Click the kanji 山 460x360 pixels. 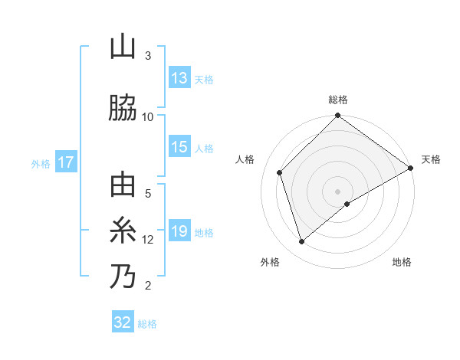click(x=123, y=47)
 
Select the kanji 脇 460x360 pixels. click(x=123, y=108)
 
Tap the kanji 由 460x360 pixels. click(x=123, y=186)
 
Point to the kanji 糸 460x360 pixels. click(x=123, y=231)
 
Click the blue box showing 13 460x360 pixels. click(x=179, y=78)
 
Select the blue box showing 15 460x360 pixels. click(x=179, y=148)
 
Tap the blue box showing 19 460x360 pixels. click(x=179, y=231)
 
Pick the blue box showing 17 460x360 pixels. click(x=65, y=162)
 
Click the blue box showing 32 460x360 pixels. click(x=123, y=322)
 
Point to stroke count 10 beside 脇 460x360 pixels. click(x=148, y=116)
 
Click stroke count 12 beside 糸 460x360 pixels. click(x=148, y=239)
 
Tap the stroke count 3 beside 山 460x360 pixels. click(x=148, y=56)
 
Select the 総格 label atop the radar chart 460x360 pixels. click(x=338, y=100)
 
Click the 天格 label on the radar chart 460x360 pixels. click(x=431, y=159)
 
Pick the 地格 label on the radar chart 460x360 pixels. click(x=402, y=262)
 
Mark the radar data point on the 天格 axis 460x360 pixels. click(x=411, y=169)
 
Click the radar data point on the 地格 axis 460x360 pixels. click(x=347, y=204)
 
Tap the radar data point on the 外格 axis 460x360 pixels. click(x=302, y=242)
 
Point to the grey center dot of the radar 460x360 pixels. click(x=338, y=191)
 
